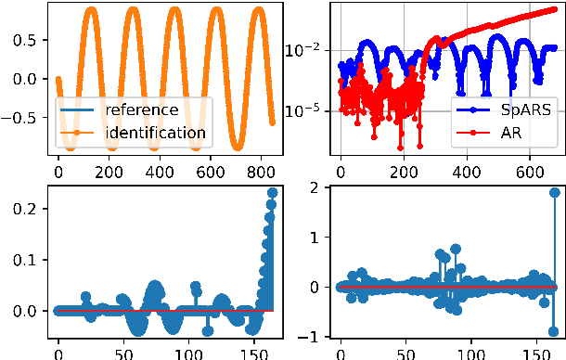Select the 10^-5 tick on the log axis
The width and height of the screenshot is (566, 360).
point(306,110)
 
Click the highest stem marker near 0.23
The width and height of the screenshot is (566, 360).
point(272,193)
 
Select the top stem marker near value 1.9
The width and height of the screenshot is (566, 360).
point(554,193)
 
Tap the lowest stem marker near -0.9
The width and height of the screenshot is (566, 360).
point(554,330)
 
